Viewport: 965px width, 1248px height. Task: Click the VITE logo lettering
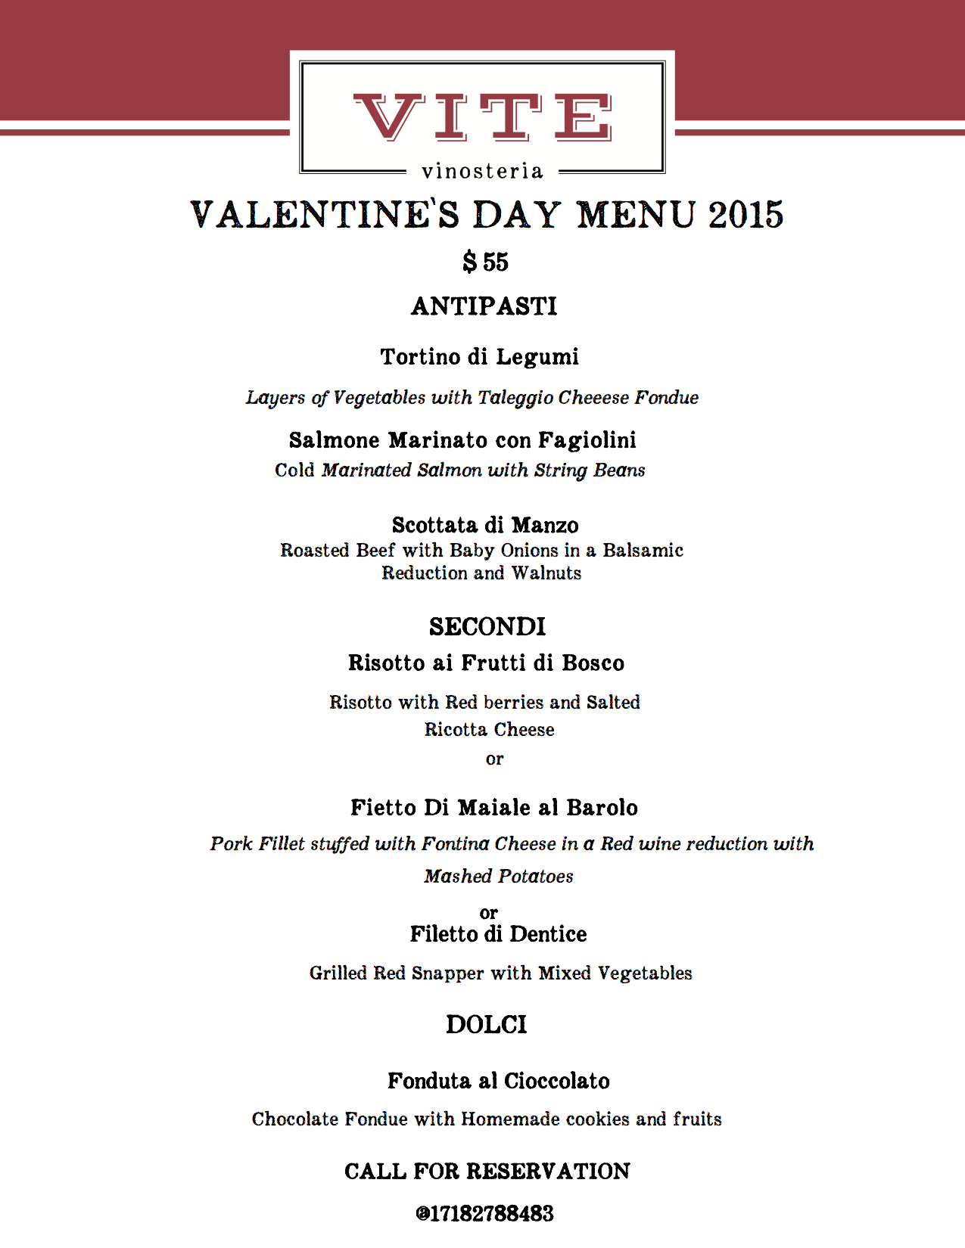(x=482, y=117)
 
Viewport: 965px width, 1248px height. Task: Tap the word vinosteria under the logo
(x=482, y=172)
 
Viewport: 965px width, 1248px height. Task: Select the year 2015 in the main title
(x=746, y=215)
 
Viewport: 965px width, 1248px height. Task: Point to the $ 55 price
(x=485, y=262)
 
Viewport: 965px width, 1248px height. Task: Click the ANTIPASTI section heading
(x=484, y=306)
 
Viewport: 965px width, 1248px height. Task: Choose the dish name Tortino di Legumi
(x=479, y=357)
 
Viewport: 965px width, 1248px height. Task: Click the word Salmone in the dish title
(x=335, y=440)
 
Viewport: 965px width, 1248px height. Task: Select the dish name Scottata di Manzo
(x=485, y=525)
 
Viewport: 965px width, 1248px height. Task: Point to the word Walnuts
(x=546, y=573)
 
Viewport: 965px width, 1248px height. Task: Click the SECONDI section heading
(x=487, y=627)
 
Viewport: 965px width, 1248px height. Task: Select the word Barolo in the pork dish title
(x=602, y=808)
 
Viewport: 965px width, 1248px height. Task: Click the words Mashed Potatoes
(x=499, y=877)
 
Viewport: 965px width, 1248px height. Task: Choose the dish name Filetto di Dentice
(x=498, y=935)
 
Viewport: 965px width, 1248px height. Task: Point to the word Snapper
(x=447, y=973)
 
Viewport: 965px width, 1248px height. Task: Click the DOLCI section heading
(x=486, y=1025)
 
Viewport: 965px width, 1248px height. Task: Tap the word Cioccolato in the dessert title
(x=556, y=1082)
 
